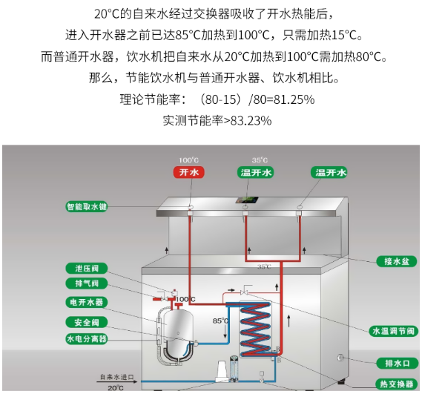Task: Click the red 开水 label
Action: (x=189, y=172)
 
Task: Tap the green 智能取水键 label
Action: (x=87, y=206)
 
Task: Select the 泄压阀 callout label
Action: (x=87, y=269)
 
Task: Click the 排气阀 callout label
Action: (x=87, y=283)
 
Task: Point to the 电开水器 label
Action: (x=87, y=302)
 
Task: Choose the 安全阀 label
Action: (x=87, y=322)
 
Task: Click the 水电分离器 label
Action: (x=87, y=339)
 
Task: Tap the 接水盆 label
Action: (x=397, y=261)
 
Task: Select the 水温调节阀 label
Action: (x=394, y=331)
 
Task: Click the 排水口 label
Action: (x=398, y=364)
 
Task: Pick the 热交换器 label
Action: (x=397, y=384)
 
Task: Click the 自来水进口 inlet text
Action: (x=116, y=377)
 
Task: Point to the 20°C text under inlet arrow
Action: (x=116, y=388)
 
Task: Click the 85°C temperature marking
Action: (x=220, y=321)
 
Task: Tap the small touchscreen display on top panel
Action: (x=247, y=200)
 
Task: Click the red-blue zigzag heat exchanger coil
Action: (x=256, y=329)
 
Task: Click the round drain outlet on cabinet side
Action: (x=340, y=358)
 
